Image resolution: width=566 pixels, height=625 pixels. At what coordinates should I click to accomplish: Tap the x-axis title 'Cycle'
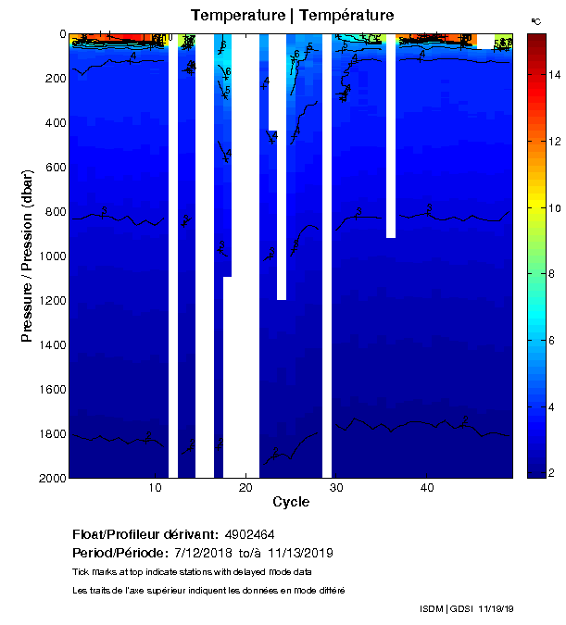point(291,503)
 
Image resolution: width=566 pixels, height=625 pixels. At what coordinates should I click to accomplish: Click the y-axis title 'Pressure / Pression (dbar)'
point(28,256)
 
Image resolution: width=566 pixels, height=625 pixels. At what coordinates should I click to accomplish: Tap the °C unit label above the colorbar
point(535,20)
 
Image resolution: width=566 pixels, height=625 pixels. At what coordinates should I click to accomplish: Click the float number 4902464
point(248,535)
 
